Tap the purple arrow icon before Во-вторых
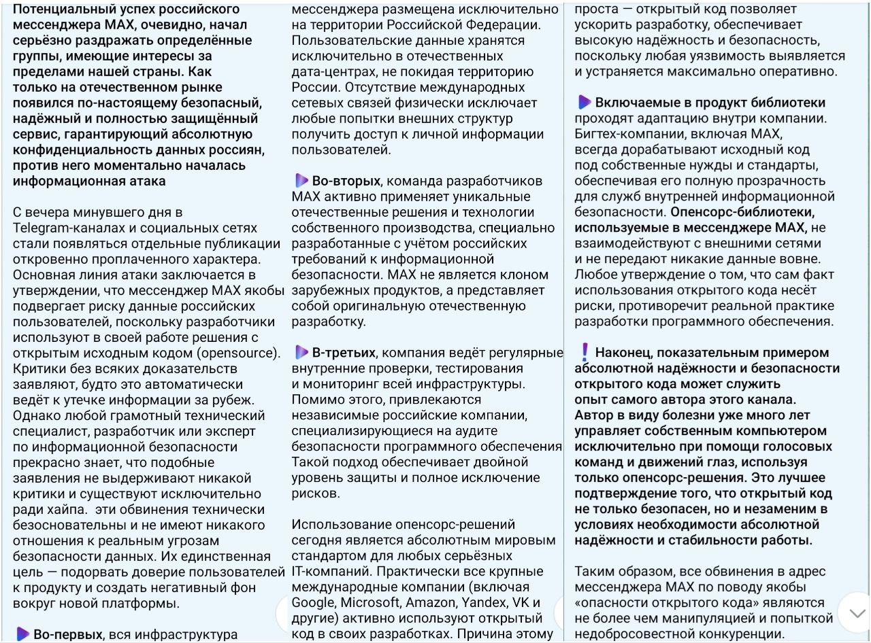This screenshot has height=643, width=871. (x=301, y=181)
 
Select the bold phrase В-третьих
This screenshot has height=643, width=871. (x=343, y=353)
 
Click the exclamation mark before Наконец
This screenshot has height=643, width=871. (x=584, y=351)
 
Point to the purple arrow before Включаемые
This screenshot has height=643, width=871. (x=584, y=103)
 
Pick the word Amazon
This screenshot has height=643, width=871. (x=433, y=603)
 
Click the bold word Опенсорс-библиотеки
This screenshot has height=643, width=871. (x=736, y=212)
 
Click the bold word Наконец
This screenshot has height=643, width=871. (x=626, y=353)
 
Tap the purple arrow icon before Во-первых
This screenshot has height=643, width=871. (x=22, y=634)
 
